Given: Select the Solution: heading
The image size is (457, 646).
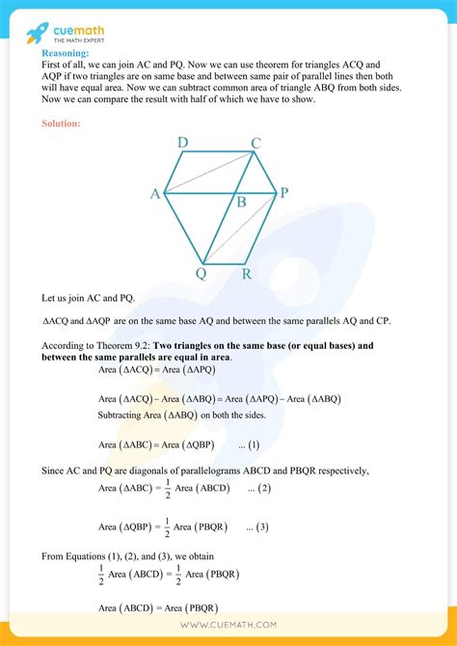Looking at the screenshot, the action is tap(62, 123).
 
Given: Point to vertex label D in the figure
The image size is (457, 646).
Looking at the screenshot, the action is tap(183, 144).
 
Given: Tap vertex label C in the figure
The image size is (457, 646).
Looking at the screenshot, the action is tap(255, 144).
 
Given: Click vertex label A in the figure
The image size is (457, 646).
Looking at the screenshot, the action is tap(154, 194).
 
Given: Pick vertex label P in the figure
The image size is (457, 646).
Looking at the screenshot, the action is tap(283, 194).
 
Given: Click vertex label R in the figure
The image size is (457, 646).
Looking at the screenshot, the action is tap(247, 274).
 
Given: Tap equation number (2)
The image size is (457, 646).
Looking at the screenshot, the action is tap(259, 489).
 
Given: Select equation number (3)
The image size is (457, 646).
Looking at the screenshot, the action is tap(257, 527).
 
